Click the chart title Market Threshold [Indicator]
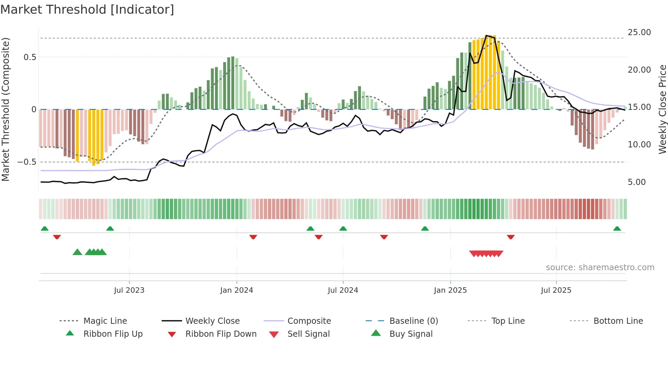(87, 10)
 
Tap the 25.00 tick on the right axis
(639, 32)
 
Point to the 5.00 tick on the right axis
(637, 182)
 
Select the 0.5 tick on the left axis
(30, 57)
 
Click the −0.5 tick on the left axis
(27, 162)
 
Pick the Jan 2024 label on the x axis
(237, 290)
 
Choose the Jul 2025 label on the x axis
(556, 290)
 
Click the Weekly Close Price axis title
(662, 109)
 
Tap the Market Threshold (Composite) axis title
(5, 109)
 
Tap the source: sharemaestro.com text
(600, 267)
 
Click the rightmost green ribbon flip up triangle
(617, 229)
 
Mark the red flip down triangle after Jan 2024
(253, 237)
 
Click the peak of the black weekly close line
(486, 35)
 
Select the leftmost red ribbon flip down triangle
(57, 237)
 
